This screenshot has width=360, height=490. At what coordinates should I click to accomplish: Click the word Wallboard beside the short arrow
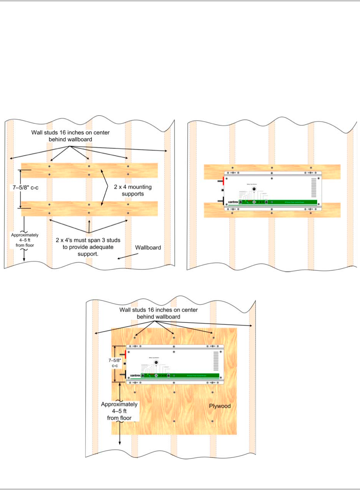coord(148,248)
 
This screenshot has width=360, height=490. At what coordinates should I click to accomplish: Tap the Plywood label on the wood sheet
coord(220,406)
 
